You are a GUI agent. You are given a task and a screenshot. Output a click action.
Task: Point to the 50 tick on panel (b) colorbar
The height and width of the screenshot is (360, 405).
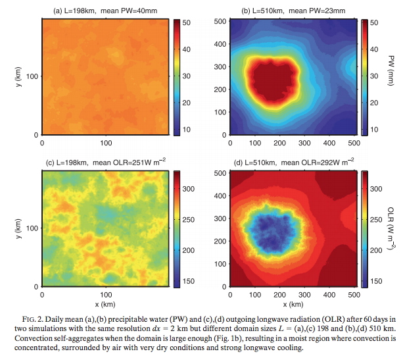click(x=373, y=22)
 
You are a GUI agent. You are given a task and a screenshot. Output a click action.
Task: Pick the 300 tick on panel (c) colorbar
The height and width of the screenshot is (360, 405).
click(x=187, y=189)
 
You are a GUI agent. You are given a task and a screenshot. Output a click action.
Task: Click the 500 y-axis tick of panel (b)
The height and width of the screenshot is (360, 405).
click(x=221, y=22)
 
